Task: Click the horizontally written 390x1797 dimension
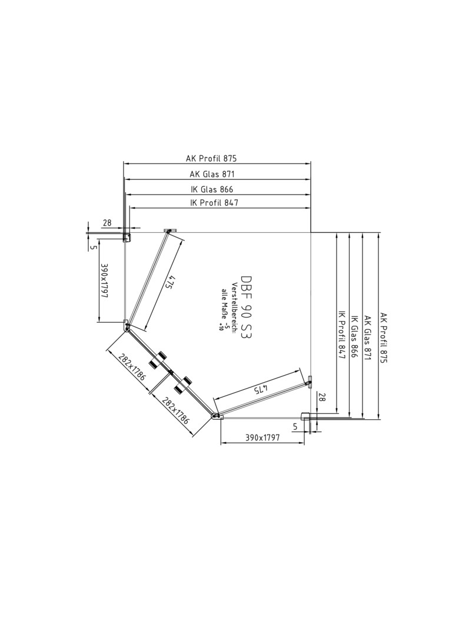coord(262,437)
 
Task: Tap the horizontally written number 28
coord(107,222)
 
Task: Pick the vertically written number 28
coord(321,397)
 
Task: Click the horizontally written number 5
coord(295,426)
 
